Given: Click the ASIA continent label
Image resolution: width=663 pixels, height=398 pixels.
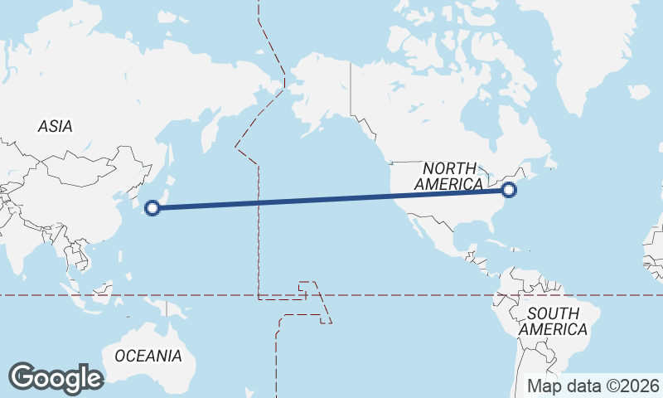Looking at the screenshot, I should pos(55,127).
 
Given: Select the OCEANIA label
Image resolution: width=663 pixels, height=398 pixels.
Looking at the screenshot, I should pos(148,356).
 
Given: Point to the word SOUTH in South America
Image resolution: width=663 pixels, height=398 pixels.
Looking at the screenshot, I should pos(554,313).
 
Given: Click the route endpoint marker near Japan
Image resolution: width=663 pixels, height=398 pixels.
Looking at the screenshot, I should pos(152,208).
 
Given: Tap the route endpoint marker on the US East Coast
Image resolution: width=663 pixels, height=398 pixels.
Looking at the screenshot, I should pos(509,191).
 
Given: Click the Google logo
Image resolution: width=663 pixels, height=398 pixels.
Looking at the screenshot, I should pos(56,378).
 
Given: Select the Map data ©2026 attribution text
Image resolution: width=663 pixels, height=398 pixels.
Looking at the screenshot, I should pos(594,386).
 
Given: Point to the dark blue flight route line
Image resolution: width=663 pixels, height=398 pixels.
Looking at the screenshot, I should pos(331,199).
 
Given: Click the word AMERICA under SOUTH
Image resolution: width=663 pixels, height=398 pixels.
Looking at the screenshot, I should pos(554,329).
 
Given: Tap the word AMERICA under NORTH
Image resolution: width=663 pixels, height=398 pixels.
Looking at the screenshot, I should pos(448,184).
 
